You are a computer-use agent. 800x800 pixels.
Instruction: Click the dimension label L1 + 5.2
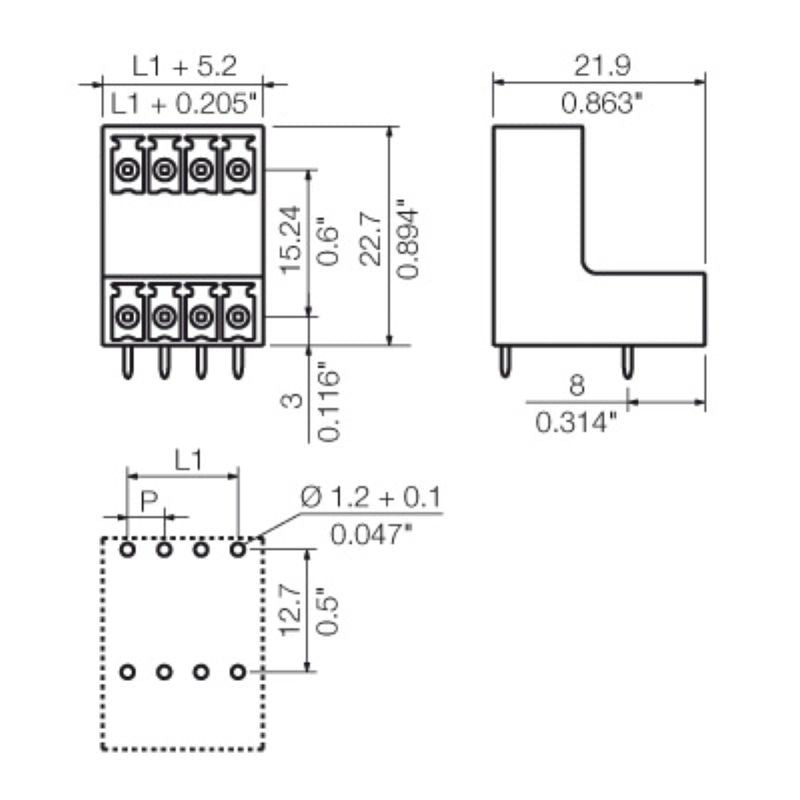(185, 67)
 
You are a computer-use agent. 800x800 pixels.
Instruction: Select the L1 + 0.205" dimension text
(185, 101)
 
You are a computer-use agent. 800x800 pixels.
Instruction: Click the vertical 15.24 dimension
(291, 241)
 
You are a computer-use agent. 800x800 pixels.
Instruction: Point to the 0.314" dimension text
(577, 422)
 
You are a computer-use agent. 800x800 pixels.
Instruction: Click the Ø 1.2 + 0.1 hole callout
(372, 497)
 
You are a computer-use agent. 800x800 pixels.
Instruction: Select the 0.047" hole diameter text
(372, 533)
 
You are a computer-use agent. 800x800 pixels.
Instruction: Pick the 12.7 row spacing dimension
(291, 610)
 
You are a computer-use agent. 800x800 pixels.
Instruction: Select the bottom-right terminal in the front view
(237, 313)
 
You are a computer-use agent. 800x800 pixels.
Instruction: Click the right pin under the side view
(626, 363)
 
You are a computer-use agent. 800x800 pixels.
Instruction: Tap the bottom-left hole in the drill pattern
(127, 672)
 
